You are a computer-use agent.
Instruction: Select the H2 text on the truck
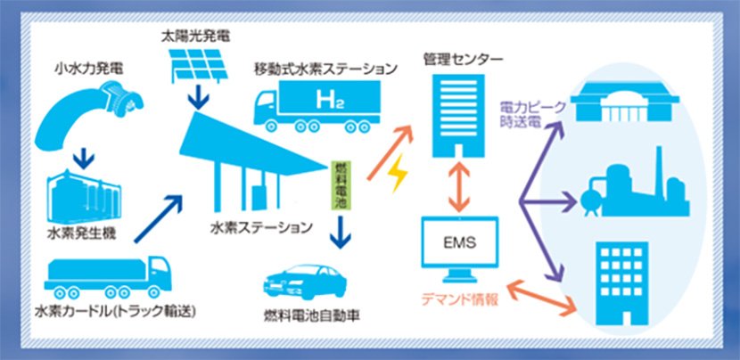327,98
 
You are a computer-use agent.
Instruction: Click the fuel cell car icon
300,284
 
